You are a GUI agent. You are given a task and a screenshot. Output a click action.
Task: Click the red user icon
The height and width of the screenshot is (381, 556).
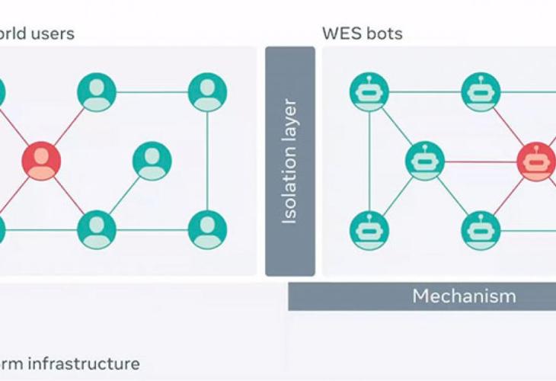tap(41, 161)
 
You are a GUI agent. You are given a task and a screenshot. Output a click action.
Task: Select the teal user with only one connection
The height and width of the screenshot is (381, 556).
tap(152, 161)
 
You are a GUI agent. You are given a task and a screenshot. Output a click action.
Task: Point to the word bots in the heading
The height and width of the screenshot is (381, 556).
tap(386, 34)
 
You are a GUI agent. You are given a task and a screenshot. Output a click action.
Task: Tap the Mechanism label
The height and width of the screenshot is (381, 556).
tap(464, 296)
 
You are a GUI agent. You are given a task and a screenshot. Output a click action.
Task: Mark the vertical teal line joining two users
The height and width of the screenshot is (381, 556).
tap(207, 161)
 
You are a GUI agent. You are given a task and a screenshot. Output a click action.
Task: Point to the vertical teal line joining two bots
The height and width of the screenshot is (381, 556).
tap(369, 161)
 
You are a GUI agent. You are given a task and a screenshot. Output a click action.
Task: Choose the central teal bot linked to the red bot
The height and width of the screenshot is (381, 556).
tap(425, 162)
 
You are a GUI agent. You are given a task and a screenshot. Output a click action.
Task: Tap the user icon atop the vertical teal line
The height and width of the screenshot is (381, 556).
tap(207, 92)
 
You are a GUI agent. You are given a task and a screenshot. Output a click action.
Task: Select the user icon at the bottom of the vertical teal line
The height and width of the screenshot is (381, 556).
tap(207, 229)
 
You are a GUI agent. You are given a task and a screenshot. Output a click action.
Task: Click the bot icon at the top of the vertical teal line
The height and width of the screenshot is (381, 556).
tap(369, 92)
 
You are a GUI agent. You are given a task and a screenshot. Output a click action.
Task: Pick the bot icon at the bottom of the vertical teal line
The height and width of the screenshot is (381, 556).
tap(369, 230)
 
